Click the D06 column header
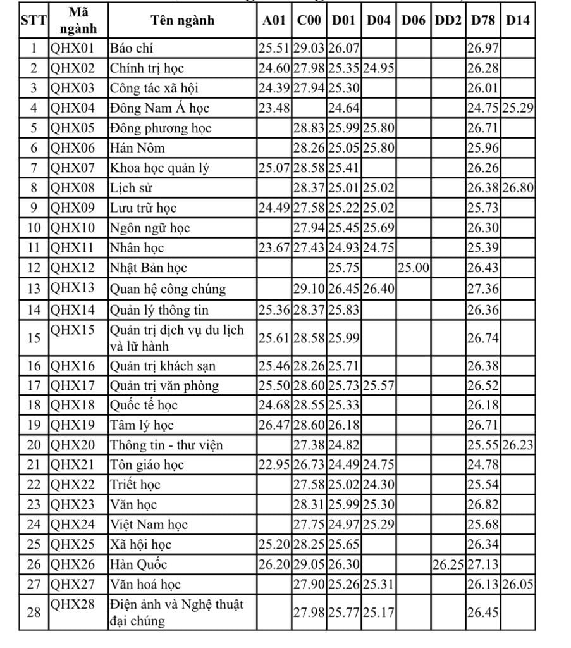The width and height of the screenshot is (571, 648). coord(414,20)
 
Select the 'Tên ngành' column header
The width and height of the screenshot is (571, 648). coord(183,20)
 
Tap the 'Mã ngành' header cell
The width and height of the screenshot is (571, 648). coord(79,20)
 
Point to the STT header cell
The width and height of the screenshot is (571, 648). coord(34,20)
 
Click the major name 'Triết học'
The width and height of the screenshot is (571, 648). coord(135,485)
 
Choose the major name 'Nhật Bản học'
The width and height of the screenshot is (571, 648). coord(149,268)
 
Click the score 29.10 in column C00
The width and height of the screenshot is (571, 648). coord(309,289)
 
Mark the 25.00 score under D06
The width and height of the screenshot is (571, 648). coord(414,268)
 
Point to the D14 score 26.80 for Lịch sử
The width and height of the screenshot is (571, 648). coord(518,188)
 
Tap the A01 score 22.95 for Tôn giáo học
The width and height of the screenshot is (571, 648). coord(274,465)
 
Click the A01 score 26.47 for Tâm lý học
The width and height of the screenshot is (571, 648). coord(274,425)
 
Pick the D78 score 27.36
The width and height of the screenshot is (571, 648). coord(483,289)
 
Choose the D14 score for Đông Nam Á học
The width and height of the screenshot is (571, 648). coord(518,108)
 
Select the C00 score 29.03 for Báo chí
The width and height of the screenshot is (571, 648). coord(309,48)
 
